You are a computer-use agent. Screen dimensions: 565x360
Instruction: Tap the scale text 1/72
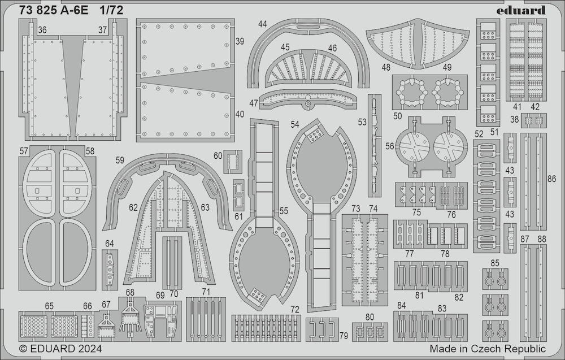(111, 10)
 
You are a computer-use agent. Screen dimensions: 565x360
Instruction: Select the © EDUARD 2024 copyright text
(60, 349)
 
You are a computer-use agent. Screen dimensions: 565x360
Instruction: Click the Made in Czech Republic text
(488, 349)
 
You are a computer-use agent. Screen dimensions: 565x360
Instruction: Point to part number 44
(262, 24)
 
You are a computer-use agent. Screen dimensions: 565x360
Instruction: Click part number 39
(240, 41)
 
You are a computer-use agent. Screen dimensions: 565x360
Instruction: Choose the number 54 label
(295, 124)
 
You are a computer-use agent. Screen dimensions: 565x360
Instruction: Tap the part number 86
(551, 179)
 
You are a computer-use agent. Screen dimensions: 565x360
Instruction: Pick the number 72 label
(295, 309)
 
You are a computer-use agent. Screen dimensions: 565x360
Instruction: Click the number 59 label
(120, 160)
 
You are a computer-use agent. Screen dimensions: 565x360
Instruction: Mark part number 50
(397, 116)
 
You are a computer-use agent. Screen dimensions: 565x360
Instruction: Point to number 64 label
(110, 244)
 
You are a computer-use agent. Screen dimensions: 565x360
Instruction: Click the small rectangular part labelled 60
(233, 162)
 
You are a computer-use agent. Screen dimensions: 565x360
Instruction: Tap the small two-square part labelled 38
(534, 120)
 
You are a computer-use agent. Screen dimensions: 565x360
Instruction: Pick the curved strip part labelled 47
(307, 98)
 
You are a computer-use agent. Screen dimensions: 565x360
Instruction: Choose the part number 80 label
(370, 317)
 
